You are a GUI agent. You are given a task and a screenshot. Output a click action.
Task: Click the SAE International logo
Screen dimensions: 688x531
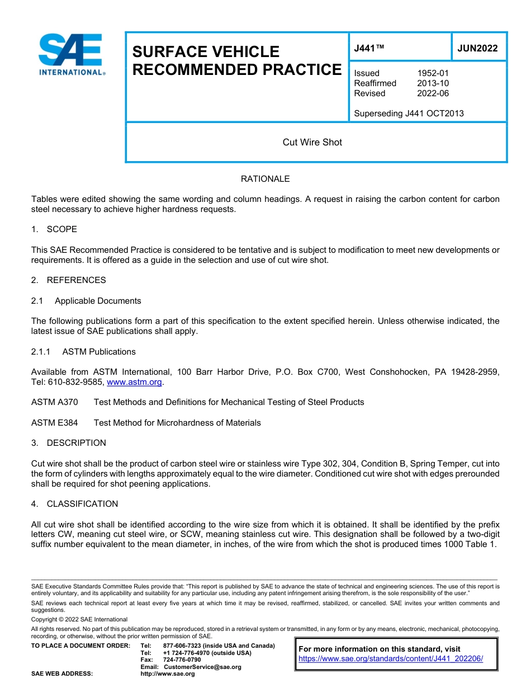tap(71, 55)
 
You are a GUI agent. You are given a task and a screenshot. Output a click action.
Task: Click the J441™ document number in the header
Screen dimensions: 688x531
tap(369, 48)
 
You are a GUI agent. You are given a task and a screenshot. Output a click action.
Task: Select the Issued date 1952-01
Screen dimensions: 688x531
tap(433, 73)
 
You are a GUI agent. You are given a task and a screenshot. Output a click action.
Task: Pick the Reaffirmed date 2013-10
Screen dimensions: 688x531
tap(433, 83)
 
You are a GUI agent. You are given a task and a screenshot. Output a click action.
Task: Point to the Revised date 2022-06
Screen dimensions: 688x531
tap(433, 93)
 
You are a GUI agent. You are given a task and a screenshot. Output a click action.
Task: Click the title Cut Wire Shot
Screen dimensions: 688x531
tap(312, 142)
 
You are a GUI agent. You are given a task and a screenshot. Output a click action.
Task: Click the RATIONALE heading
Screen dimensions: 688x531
tap(265, 179)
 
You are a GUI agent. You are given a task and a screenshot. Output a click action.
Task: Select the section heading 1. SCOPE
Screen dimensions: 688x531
tap(54, 229)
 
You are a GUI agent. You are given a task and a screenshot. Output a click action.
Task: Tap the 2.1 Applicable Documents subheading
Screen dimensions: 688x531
tap(86, 301)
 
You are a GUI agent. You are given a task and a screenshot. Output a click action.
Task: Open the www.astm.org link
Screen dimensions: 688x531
tap(134, 382)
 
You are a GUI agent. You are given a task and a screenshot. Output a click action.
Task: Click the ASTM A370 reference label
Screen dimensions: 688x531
tap(55, 402)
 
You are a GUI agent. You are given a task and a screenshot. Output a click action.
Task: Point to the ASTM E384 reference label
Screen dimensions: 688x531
tap(55, 423)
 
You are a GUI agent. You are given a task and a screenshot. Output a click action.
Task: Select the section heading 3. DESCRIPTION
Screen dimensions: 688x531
tap(68, 443)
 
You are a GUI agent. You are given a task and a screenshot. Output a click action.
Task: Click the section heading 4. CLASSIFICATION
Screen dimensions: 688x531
tap(74, 504)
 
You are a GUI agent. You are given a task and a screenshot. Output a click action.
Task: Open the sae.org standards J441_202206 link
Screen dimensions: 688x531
tap(391, 658)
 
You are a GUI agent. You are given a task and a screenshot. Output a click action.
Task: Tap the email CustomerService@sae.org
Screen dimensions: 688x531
tap(202, 667)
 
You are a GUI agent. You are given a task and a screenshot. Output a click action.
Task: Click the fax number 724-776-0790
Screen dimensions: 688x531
tap(182, 660)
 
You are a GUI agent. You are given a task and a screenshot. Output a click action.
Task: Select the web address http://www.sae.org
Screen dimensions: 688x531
tap(168, 674)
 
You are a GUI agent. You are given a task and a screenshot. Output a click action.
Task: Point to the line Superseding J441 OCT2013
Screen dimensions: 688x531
tap(409, 114)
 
